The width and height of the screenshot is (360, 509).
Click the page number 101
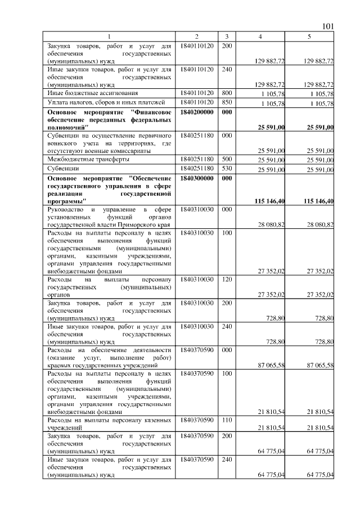[328, 26]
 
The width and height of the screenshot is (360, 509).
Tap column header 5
[309, 37]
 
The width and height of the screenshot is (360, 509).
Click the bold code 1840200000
[197, 112]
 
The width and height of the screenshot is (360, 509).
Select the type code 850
[227, 103]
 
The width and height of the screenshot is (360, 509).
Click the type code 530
[227, 168]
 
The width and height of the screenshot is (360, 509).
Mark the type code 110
[227, 420]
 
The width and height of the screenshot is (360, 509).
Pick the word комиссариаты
[133, 150]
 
